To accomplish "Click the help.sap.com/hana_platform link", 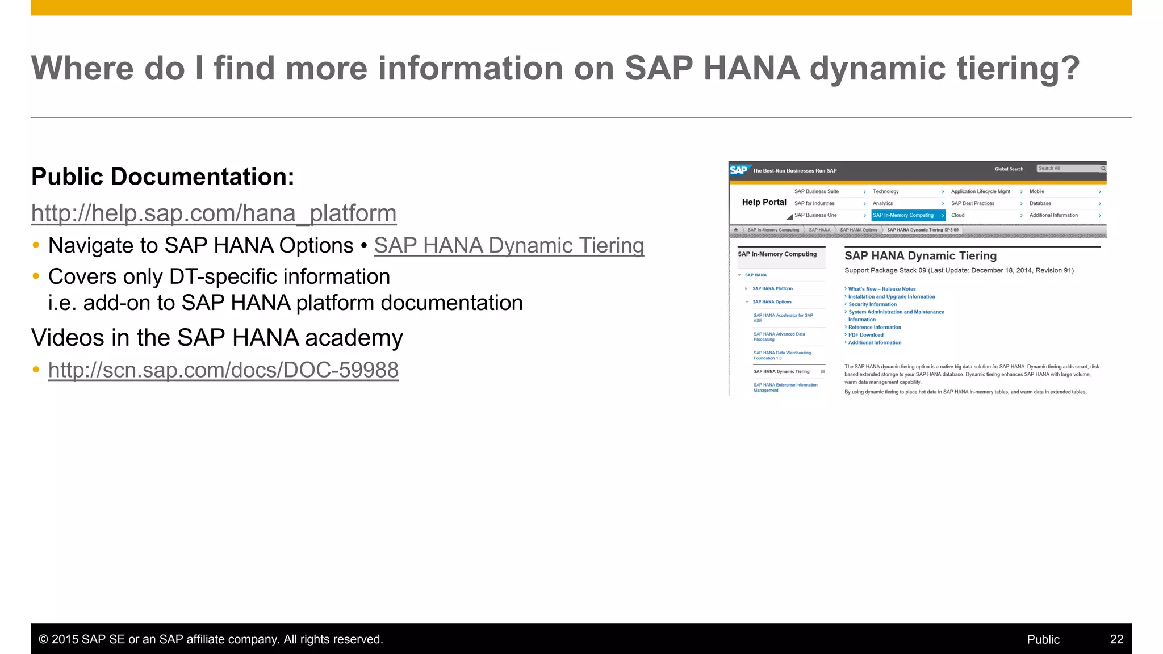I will click(x=214, y=213).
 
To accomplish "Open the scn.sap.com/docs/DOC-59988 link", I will click(x=223, y=370).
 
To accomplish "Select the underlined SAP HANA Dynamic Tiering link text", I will click(x=509, y=246).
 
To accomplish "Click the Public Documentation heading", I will click(x=163, y=177).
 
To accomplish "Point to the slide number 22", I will click(x=1116, y=639).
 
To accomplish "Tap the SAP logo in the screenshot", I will click(x=739, y=170).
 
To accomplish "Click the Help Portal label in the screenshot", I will click(x=764, y=202).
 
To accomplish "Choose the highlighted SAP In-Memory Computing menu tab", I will click(x=904, y=215).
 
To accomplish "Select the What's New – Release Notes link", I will click(x=882, y=289).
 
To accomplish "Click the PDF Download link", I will click(x=865, y=335).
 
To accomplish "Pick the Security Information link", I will click(x=872, y=304).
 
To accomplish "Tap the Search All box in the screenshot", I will click(x=1068, y=169).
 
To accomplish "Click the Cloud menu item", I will click(x=958, y=215).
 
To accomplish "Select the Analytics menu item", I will click(x=883, y=203).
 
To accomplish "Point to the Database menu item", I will click(x=1040, y=203).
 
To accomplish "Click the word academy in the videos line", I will click(x=354, y=338).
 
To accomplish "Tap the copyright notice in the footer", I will click(x=211, y=639).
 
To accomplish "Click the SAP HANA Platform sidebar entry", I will click(x=772, y=288).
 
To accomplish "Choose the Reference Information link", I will click(x=875, y=328).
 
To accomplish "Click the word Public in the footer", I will click(x=1043, y=639).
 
